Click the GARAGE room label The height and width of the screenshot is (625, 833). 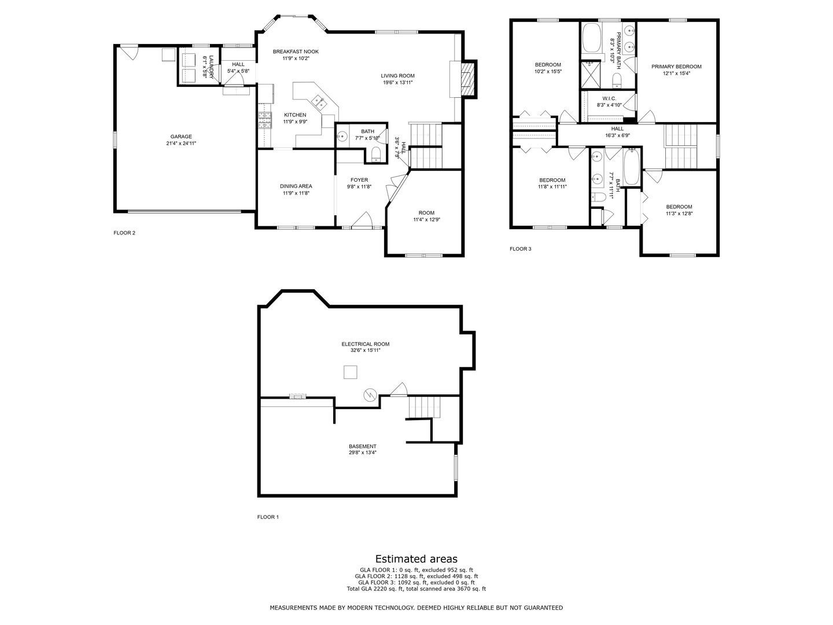(181, 137)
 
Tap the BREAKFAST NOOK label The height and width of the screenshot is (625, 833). (296, 52)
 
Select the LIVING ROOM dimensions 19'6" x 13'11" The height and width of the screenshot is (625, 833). (397, 83)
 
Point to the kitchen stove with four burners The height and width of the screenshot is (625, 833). (265, 120)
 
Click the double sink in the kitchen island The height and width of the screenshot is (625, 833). (319, 102)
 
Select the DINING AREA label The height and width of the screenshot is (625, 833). (296, 186)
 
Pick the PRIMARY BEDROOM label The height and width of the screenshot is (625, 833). (676, 67)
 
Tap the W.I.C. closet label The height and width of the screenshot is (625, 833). (609, 98)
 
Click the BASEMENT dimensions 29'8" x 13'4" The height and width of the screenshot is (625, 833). (363, 453)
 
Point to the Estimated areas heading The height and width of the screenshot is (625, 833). (417, 559)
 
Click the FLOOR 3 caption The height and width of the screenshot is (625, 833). (520, 249)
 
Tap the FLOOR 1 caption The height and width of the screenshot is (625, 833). (268, 517)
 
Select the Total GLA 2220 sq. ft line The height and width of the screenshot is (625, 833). (417, 589)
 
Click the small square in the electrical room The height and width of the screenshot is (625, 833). (350, 372)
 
